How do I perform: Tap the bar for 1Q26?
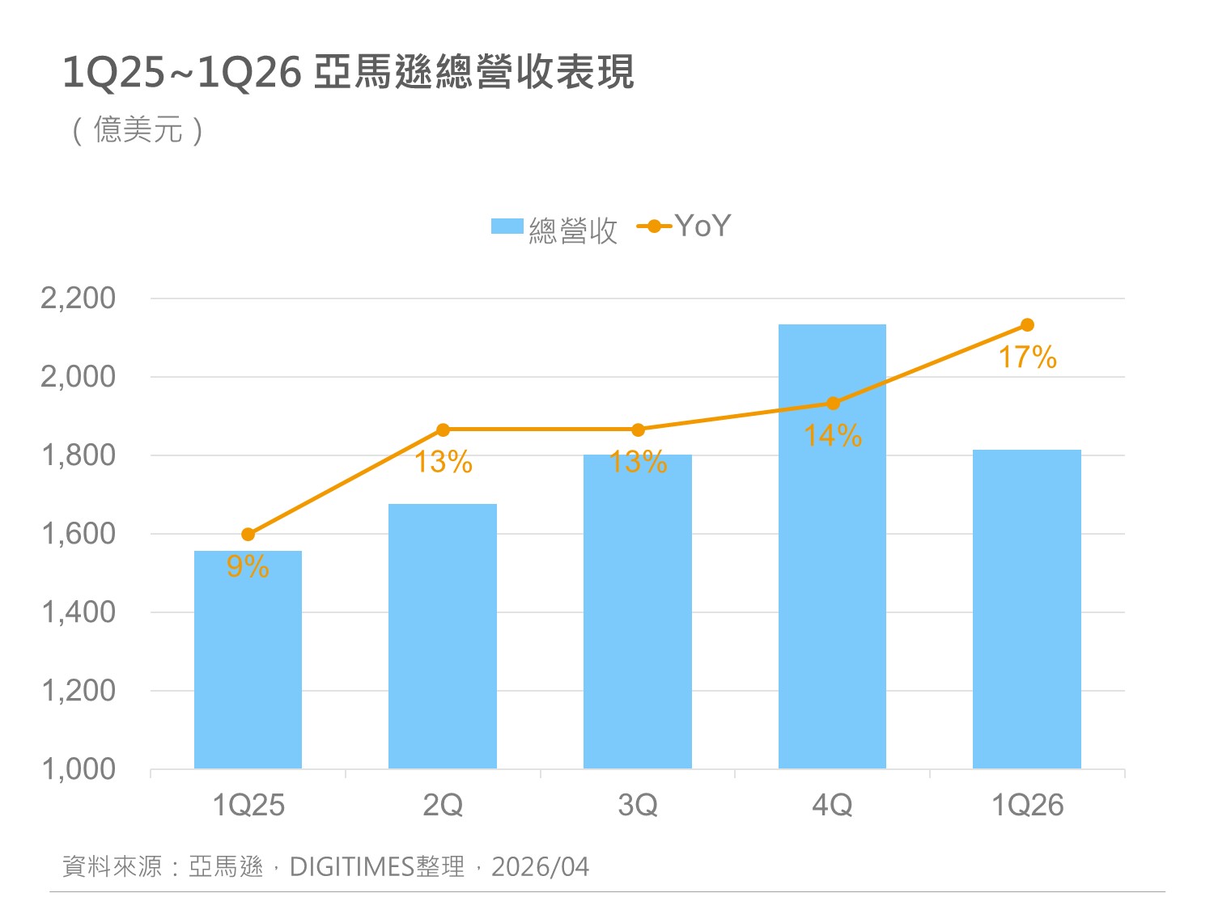coord(1026,615)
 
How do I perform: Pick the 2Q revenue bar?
coord(442,639)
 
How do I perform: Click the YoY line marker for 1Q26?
coord(1027,325)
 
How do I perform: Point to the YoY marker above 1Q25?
coord(248,535)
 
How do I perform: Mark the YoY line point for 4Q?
coord(833,404)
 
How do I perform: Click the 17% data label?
coord(1027,358)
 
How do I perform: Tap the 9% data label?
coord(248,567)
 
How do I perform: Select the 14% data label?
coord(833,436)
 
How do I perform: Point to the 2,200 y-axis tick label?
coord(79,298)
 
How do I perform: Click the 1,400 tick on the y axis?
coord(79,612)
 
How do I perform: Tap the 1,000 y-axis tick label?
coord(79,769)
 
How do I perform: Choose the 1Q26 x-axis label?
coord(1027,806)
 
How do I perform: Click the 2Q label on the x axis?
coord(443,806)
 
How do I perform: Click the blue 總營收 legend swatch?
coord(507,226)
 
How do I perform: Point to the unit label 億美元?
coord(138,130)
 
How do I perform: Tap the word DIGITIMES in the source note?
coord(352,867)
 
